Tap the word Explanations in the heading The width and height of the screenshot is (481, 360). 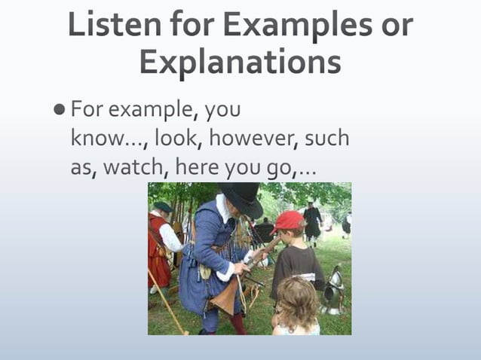[x=240, y=63]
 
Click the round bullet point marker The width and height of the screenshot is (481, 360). [x=60, y=110]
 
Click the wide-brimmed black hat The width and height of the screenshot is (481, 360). [x=240, y=197]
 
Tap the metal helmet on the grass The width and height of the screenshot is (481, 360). [x=333, y=289]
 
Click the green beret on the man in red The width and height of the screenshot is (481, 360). [x=163, y=206]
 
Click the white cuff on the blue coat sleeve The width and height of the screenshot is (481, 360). [x=225, y=271]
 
